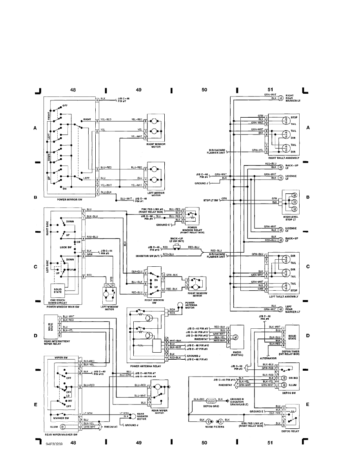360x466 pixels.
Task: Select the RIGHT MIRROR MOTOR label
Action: [155, 145]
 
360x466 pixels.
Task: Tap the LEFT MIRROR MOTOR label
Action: [155, 194]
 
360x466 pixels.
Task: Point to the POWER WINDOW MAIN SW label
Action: [63, 306]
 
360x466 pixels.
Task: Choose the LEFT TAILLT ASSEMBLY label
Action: [284, 297]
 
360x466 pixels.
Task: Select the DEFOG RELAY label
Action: [289, 431]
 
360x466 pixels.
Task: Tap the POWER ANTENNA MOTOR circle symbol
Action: [180, 304]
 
